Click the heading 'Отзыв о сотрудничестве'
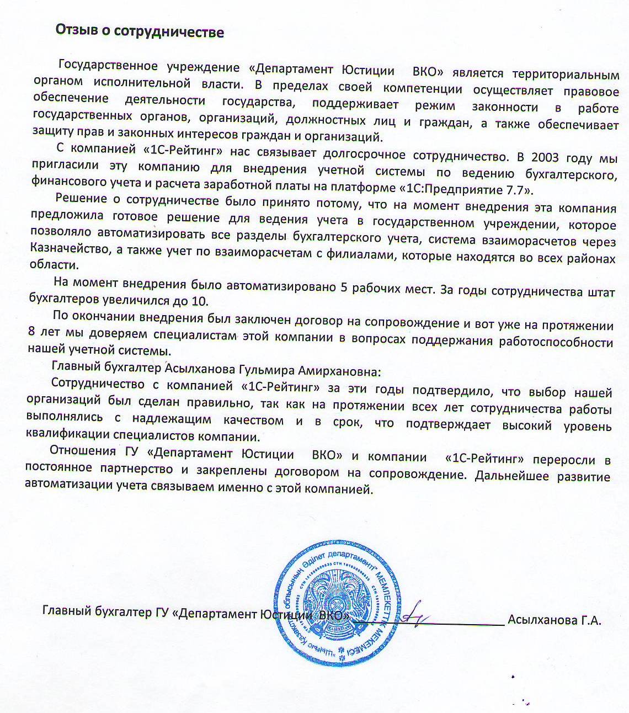point(140,31)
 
